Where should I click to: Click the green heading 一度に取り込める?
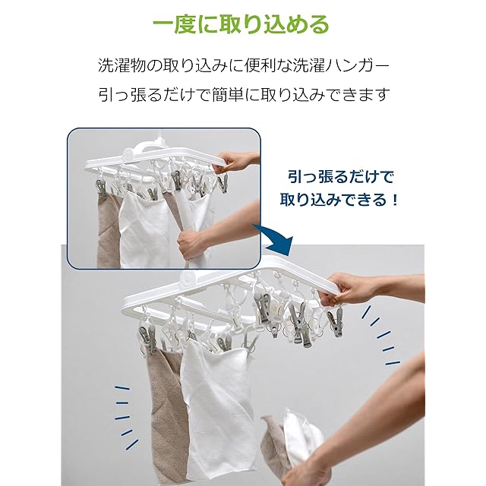coord(241,24)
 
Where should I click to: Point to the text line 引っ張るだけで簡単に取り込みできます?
coord(243,94)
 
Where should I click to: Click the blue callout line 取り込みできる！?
coord(339,200)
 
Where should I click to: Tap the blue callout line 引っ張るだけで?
coord(341,177)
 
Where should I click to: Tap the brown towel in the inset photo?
coord(109,229)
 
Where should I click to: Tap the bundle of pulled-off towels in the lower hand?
coord(292,440)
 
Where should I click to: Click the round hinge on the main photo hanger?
coord(188,279)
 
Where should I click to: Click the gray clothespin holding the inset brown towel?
coord(102,187)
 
